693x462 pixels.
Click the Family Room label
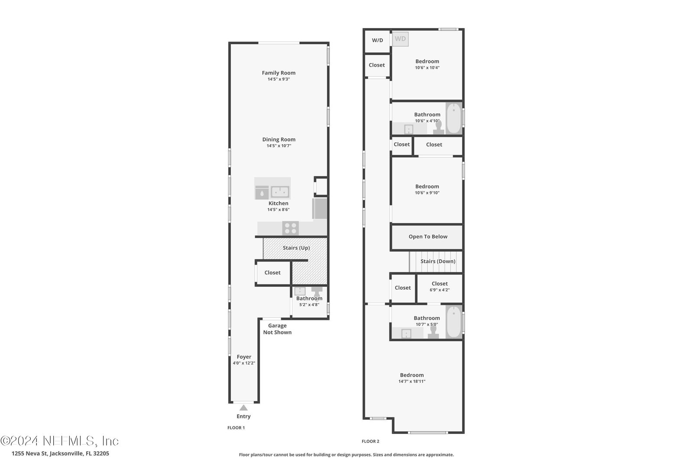278,73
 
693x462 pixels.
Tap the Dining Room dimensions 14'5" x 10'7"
279,145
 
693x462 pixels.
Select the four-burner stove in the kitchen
290,228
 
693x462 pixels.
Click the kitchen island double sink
280,192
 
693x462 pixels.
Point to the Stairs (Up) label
296,248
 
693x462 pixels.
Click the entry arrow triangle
243,407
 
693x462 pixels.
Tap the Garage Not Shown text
277,329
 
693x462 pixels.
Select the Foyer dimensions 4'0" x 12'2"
244,363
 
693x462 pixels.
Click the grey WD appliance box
400,39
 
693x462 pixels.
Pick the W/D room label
377,40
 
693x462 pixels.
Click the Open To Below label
428,236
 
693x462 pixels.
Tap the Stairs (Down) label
438,261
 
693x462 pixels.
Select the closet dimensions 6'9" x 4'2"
440,290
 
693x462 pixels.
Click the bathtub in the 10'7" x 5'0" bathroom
454,322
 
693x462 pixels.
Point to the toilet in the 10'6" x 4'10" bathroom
438,127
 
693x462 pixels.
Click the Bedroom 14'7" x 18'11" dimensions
412,381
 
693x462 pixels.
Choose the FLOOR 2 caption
370,441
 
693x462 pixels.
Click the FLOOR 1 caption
236,428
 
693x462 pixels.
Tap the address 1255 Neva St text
30,453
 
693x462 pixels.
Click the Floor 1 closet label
272,272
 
